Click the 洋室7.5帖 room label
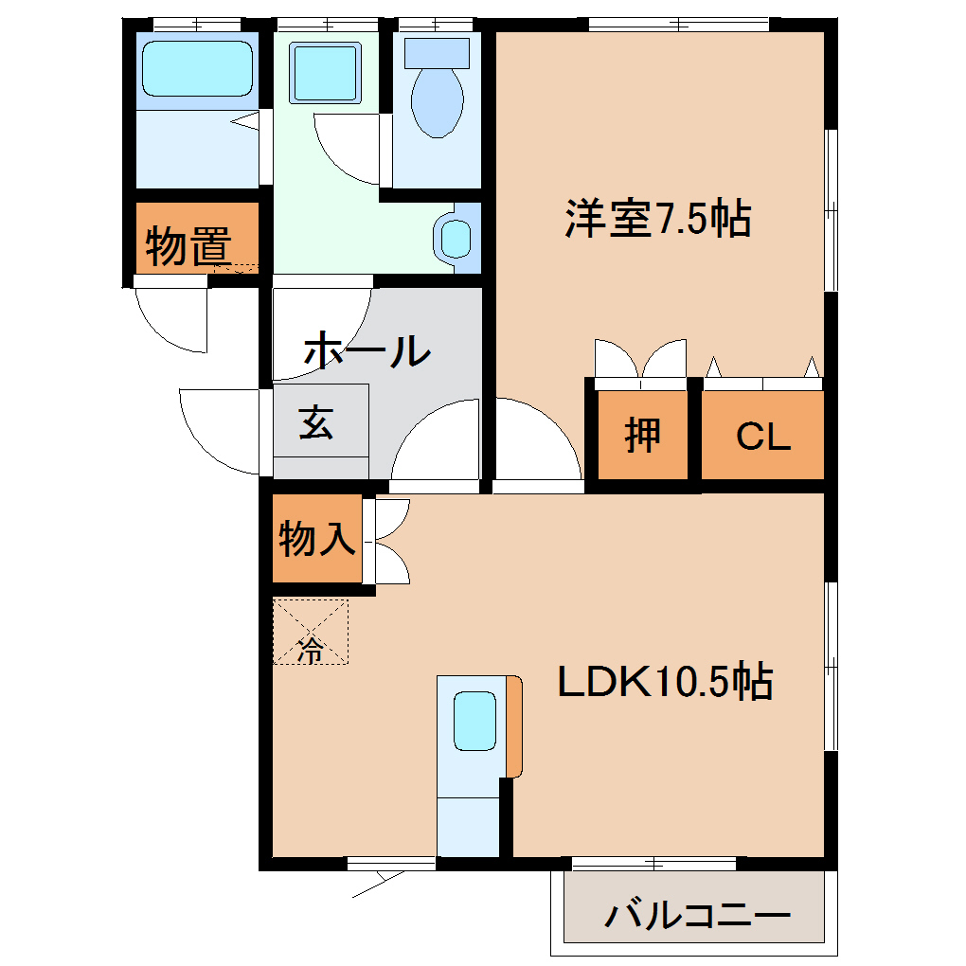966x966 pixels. (x=658, y=220)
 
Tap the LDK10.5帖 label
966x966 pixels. (x=665, y=682)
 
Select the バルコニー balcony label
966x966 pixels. (x=698, y=916)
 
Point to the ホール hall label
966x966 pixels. (x=367, y=351)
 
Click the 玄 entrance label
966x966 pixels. (x=316, y=421)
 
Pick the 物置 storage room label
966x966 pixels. (x=188, y=247)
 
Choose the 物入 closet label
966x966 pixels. (x=316, y=540)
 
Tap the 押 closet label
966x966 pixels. (x=642, y=435)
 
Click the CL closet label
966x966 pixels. (x=763, y=437)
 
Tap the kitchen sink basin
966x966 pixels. (x=474, y=721)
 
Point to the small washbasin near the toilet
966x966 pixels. (x=456, y=237)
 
